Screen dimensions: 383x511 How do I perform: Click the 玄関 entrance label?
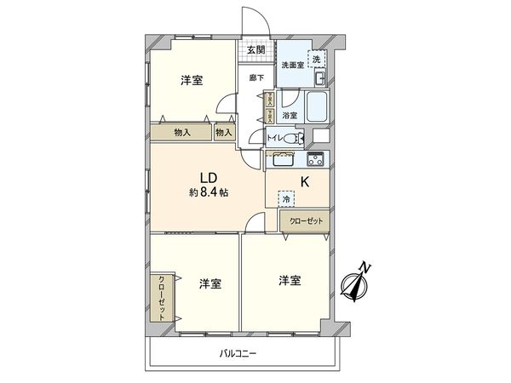point(255,50)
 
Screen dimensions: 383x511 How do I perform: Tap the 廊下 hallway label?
point(255,77)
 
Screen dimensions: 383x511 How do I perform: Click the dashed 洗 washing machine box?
point(316,60)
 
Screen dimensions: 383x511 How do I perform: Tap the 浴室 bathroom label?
point(290,115)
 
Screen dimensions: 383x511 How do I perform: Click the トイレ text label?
point(274,138)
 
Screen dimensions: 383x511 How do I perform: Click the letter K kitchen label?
point(304,180)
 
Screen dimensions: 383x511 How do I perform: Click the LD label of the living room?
point(208,177)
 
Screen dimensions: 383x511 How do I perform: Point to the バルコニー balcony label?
point(238,352)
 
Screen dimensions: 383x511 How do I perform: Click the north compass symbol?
point(357,283)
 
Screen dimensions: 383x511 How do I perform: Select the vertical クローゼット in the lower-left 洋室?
point(161,296)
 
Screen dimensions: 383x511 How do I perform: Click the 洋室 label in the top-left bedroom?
point(192,81)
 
